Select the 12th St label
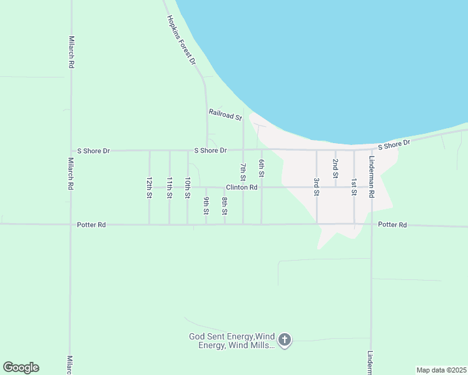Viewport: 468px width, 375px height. [150, 187]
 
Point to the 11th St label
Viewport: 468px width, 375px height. [169, 187]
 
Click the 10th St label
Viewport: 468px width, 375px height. [187, 187]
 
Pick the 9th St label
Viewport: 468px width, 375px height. [206, 206]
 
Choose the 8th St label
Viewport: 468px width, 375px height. [225, 206]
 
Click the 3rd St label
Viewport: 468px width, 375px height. [317, 187]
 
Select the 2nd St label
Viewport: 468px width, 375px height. [335, 169]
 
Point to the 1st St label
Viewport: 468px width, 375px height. [354, 187]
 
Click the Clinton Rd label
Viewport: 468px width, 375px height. [242, 187]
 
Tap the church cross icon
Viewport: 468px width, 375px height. [285, 340]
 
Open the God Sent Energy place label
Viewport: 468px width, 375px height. [232, 341]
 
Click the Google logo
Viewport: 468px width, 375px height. [21, 367]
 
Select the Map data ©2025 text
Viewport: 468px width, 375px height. [441, 370]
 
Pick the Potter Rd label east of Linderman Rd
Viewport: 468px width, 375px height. [392, 224]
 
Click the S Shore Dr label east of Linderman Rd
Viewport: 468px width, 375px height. [394, 144]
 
